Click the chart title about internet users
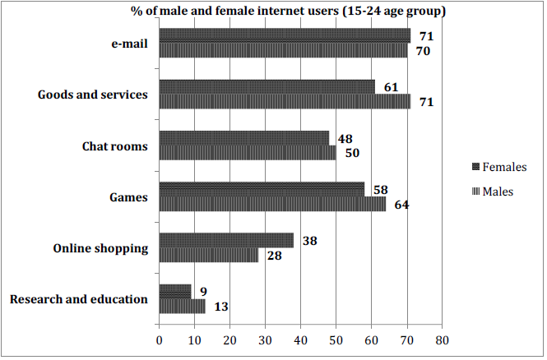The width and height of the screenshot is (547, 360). (x=288, y=11)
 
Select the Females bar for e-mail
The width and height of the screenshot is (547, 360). (x=284, y=35)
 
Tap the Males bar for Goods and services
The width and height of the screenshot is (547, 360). (x=284, y=102)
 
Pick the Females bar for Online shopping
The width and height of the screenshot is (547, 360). (x=225, y=240)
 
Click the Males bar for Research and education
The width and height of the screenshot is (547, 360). (x=181, y=307)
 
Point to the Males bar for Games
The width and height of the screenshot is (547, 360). (x=271, y=204)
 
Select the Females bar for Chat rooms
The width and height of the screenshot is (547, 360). (x=243, y=138)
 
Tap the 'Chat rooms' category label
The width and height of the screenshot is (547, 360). (x=114, y=146)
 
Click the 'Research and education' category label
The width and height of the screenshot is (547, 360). (x=79, y=299)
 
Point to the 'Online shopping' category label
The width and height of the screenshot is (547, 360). (x=100, y=248)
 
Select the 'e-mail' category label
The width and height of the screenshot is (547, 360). (x=128, y=44)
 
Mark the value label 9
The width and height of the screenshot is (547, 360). (x=203, y=292)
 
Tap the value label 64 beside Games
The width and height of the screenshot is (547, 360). (x=401, y=205)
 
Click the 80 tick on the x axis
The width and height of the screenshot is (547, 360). (x=442, y=339)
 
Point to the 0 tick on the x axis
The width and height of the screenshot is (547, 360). (x=159, y=339)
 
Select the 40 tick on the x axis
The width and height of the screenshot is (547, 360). (x=300, y=339)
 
